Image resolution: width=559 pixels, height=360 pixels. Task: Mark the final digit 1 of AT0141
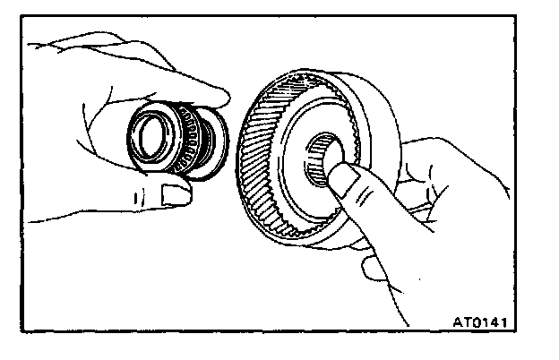[x=512, y=318]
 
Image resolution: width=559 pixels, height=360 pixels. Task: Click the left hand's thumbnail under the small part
[x=171, y=191]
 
